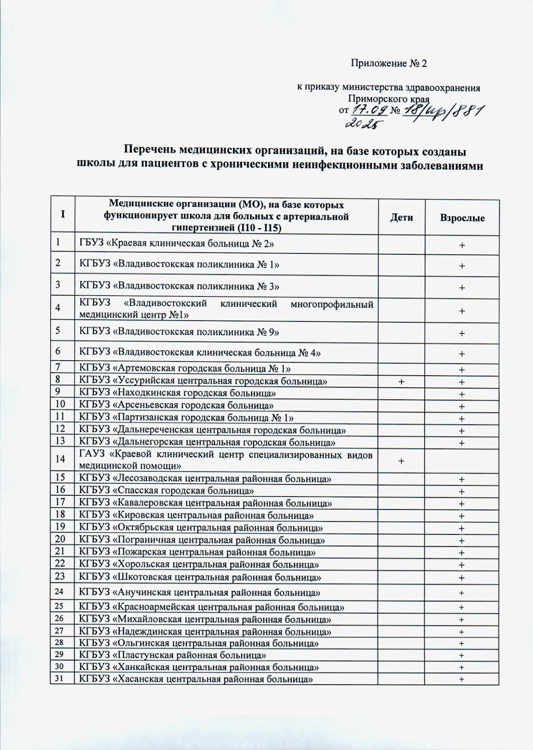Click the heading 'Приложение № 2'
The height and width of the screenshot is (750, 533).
point(389,64)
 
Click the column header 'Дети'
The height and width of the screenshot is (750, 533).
point(401,217)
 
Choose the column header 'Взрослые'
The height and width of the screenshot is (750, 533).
point(462,218)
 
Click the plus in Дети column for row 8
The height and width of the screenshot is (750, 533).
point(401,382)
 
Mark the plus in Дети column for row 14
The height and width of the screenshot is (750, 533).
point(401,461)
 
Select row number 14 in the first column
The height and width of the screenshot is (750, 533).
point(61,458)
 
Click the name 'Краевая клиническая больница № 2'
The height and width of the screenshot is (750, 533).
point(177,243)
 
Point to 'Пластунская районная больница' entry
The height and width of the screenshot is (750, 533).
point(172,655)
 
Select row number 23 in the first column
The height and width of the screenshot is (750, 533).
point(61,576)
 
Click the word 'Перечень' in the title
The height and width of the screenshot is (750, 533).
point(150,150)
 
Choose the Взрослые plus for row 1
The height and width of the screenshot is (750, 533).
point(462,245)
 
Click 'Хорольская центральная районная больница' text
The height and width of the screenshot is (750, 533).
point(199,565)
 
